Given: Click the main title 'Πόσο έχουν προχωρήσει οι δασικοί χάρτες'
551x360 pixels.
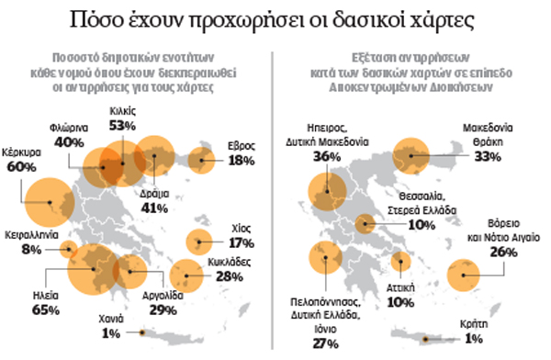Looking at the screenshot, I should [x=275, y=21].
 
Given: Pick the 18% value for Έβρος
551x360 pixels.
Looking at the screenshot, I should [x=242, y=161].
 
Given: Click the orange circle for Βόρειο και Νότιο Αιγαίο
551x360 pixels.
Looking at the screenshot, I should [x=464, y=274].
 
